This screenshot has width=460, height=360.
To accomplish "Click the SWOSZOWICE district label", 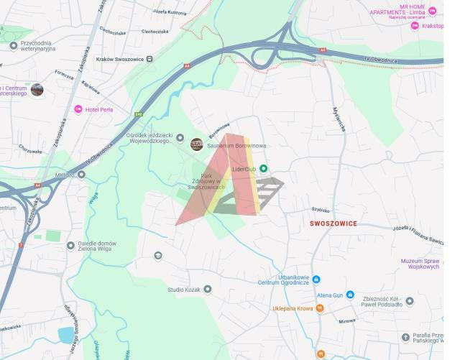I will (333, 223).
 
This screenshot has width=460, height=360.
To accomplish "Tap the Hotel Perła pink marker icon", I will (78, 109).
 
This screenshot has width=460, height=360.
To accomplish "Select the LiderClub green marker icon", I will (263, 169).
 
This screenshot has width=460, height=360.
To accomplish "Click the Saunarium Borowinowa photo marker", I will (196, 144).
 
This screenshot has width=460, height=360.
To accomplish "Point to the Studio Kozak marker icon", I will (207, 289).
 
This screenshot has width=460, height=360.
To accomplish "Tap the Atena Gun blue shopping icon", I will (350, 295).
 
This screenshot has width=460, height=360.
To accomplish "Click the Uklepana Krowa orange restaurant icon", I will (320, 308).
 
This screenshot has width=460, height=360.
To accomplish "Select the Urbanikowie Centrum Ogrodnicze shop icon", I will (316, 280).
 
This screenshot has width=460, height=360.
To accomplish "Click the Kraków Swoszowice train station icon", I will (149, 59).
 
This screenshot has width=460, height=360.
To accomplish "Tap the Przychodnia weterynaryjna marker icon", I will (14, 45).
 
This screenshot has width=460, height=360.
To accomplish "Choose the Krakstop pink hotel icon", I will (415, 26).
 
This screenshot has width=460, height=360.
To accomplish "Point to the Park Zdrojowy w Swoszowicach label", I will (206, 181).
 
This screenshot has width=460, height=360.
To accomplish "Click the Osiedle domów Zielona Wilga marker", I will (70, 245).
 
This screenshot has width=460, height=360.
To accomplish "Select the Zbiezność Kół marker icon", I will (410, 301).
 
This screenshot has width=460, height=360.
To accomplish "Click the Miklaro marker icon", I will (81, 174).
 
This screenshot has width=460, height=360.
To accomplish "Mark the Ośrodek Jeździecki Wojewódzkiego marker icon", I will (180, 137).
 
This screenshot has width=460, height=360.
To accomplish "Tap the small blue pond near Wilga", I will (65, 335).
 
